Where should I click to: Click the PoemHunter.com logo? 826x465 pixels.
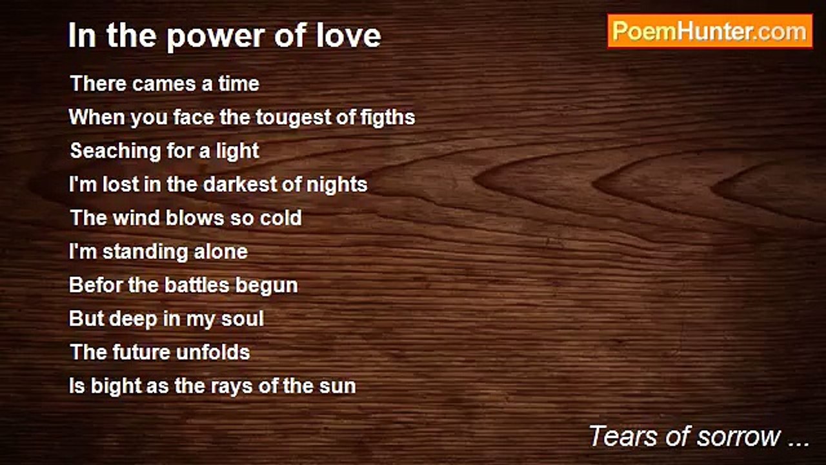point(710,31)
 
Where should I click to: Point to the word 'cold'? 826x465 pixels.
point(281,218)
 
